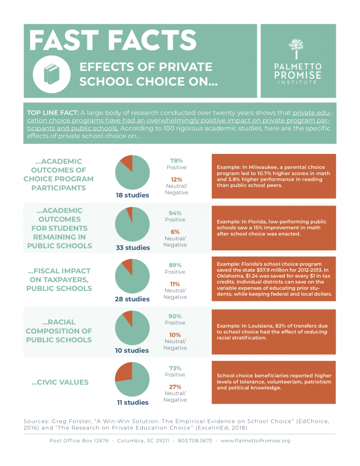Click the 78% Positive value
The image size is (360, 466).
click(x=176, y=161)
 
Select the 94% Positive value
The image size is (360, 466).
click(x=176, y=213)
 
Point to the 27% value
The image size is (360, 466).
click(x=176, y=387)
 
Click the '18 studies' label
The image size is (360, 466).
click(x=132, y=195)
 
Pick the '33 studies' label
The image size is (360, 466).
click(x=132, y=248)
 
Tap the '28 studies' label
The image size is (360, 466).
click(x=132, y=299)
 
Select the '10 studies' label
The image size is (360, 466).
click(x=132, y=350)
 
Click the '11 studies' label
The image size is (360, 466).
click(x=132, y=402)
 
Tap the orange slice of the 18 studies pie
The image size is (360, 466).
click(x=127, y=162)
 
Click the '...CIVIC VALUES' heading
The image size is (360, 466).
click(x=60, y=382)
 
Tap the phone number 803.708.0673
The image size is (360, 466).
click(x=195, y=441)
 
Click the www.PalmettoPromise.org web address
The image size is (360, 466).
click(x=255, y=441)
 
